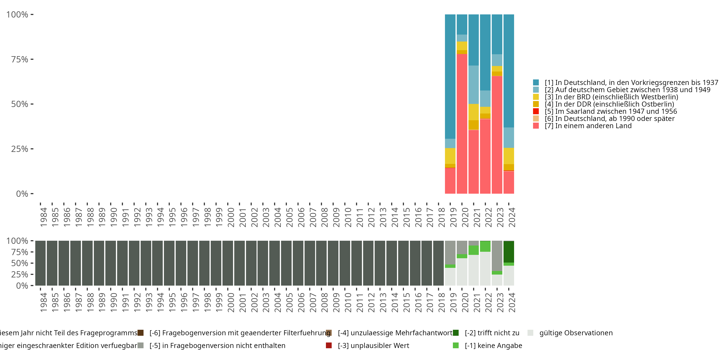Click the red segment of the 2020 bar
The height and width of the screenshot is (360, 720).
462,123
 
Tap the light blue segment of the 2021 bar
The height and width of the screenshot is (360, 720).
474,84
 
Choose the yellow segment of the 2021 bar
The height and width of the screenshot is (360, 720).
474,112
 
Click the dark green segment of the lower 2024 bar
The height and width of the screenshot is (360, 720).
509,252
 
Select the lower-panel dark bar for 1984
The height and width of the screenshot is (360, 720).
40,263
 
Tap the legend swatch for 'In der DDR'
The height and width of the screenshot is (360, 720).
536,104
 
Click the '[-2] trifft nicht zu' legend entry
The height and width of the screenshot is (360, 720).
492,333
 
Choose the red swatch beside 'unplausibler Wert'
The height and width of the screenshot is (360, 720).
329,345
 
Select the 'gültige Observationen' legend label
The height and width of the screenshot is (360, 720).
576,333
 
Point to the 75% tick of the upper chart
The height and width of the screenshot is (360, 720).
32,59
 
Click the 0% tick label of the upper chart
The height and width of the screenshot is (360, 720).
22,194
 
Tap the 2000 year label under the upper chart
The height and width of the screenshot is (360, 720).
231,217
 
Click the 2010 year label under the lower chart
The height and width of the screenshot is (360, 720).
348,302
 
